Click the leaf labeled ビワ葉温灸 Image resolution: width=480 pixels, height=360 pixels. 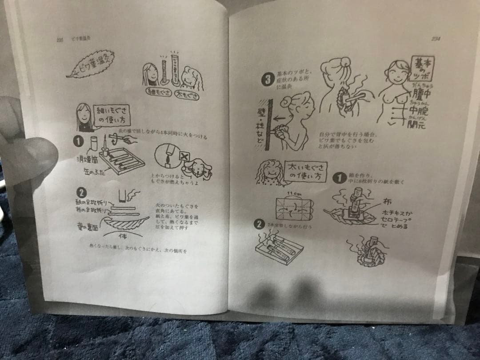click(91, 64)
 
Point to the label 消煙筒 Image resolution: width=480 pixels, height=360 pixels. click(86, 158)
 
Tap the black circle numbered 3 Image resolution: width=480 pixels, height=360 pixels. click(267, 80)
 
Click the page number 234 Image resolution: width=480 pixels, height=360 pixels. click(436, 39)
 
